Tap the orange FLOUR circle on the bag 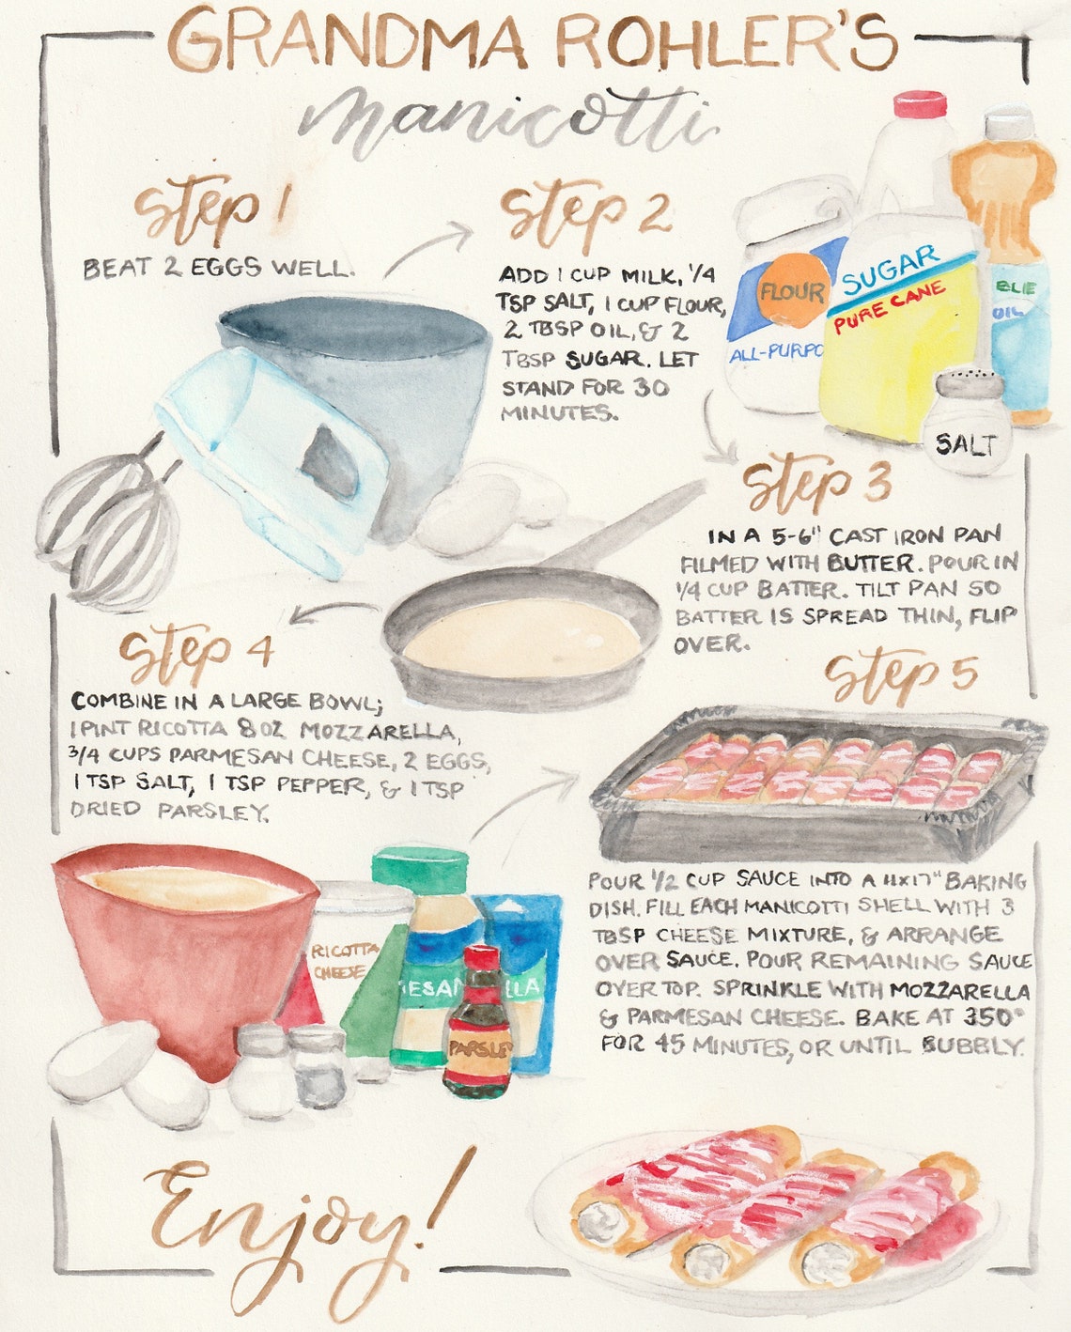791,292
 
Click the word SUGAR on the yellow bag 890,270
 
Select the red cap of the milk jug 919,102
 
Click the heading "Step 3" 817,484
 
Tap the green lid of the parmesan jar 420,869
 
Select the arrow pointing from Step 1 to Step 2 427,247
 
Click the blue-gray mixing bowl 395,376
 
